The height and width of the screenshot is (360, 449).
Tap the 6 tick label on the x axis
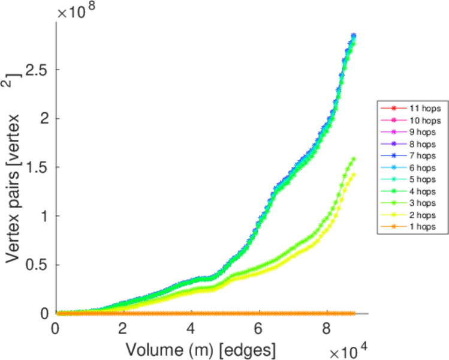[x=259, y=328]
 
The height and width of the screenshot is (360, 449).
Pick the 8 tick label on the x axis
[x=327, y=328]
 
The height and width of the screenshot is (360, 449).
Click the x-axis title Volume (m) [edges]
[x=200, y=347]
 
